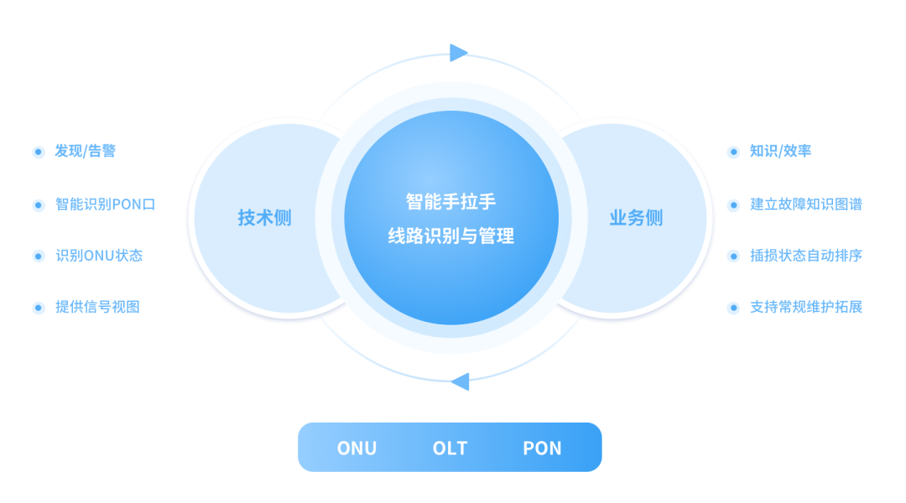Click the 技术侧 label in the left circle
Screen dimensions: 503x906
tap(264, 219)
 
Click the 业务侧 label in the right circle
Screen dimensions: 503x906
tap(636, 219)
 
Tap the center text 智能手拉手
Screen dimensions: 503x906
tap(450, 202)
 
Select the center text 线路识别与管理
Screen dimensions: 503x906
tap(450, 236)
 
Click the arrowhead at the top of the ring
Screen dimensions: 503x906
tap(459, 53)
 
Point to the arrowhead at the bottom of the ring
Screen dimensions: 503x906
tap(460, 382)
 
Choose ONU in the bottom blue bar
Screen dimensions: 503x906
tap(357, 449)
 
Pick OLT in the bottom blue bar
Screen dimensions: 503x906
tap(450, 449)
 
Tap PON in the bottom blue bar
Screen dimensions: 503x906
tap(542, 449)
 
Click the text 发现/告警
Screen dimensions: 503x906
tap(86, 152)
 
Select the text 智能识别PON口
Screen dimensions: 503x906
tap(106, 205)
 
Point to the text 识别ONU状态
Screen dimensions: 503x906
tap(99, 256)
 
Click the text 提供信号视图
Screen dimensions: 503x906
tap(97, 308)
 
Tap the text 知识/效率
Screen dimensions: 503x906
tap(780, 152)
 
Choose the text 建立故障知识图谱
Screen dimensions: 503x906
tap(806, 205)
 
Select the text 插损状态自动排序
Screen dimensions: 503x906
tap(806, 256)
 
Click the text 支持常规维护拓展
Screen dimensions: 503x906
tap(806, 308)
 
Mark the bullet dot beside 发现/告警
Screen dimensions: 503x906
tap(38, 153)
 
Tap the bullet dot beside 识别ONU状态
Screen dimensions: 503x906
tap(38, 257)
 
